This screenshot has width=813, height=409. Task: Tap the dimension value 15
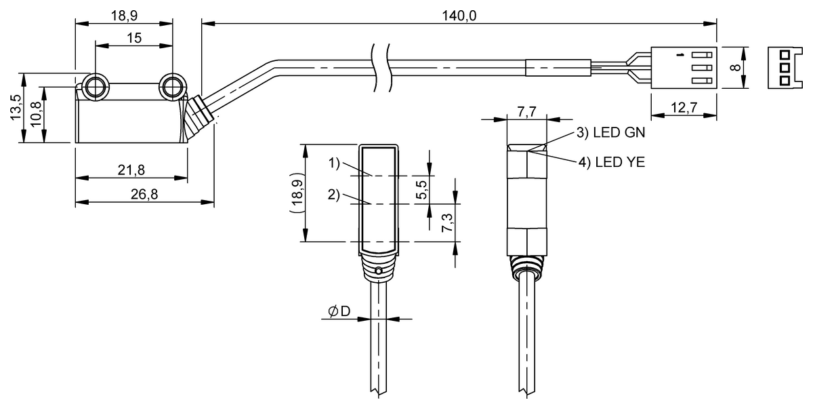pos(133,38)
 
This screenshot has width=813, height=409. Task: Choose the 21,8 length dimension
pos(131,170)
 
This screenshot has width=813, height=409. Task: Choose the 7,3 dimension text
pos(447,222)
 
